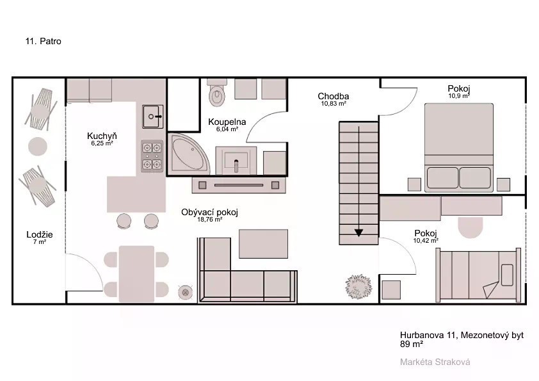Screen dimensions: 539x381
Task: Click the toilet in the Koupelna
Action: [217, 92]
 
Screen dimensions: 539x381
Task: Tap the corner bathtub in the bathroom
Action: [188, 154]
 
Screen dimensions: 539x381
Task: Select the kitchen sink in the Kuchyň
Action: [152, 117]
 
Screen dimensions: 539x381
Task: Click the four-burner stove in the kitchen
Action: [152, 156]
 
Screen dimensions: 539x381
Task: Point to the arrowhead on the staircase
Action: [358, 233]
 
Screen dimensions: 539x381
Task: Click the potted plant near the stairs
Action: [358, 286]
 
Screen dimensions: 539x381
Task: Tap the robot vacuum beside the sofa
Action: [185, 292]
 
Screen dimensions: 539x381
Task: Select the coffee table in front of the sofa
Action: [263, 244]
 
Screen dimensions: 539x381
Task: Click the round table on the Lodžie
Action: [38, 146]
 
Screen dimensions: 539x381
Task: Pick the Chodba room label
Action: [333, 96]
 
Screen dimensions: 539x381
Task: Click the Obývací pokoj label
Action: [209, 212]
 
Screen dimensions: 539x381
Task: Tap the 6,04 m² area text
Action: [227, 129]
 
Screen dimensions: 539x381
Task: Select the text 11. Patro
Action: [44, 41]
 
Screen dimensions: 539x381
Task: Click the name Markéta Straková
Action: [435, 362]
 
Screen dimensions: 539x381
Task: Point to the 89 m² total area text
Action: [412, 344]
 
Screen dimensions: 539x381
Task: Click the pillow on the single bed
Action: [507, 275]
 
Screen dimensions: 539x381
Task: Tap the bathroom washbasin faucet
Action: [236, 166]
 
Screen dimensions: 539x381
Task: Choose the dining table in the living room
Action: [136, 273]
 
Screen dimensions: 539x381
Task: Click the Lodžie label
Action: [40, 234]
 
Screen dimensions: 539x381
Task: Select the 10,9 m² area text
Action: [459, 96]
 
